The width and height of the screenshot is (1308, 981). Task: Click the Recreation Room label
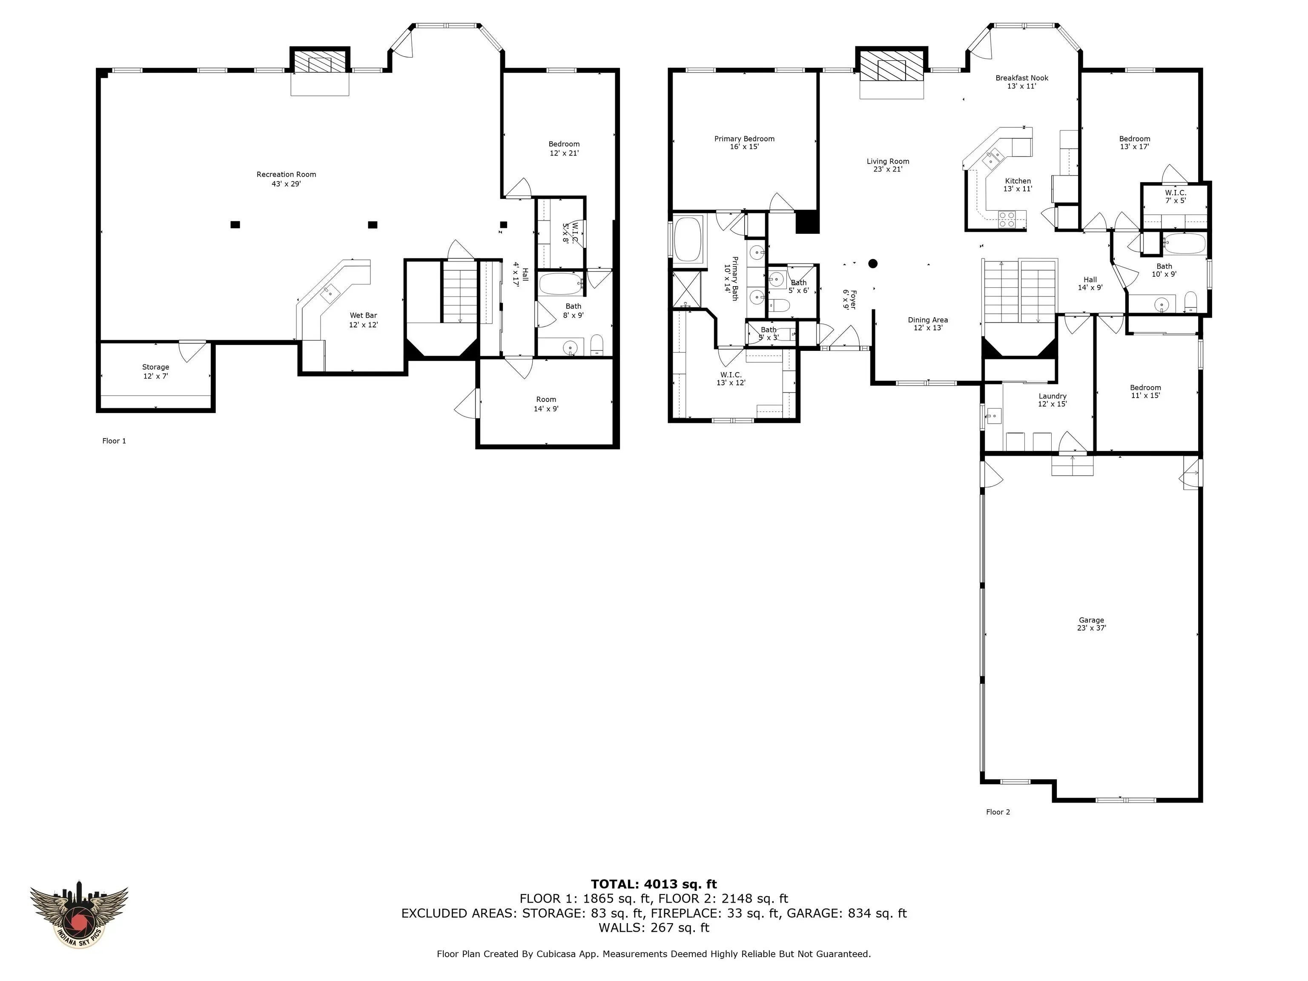(286, 178)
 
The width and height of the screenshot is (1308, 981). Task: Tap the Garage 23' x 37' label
(1091, 624)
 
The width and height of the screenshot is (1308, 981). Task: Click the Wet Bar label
(363, 320)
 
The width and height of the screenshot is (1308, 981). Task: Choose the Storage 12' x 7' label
(155, 371)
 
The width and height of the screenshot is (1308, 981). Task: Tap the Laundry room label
(1052, 400)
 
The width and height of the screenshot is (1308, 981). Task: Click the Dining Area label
(928, 324)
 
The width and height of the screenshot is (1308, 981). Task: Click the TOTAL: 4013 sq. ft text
(654, 884)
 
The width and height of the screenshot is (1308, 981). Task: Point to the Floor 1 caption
(114, 441)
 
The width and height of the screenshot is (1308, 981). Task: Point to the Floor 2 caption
(998, 812)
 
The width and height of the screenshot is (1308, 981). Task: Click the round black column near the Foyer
(873, 264)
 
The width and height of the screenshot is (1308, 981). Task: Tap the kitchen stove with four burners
(1007, 219)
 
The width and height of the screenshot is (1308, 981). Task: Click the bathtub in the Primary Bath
(687, 239)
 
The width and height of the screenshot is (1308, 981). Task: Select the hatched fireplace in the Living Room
(891, 67)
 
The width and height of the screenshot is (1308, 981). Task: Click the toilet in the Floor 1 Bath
(596, 345)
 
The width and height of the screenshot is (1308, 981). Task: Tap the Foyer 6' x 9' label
(849, 299)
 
